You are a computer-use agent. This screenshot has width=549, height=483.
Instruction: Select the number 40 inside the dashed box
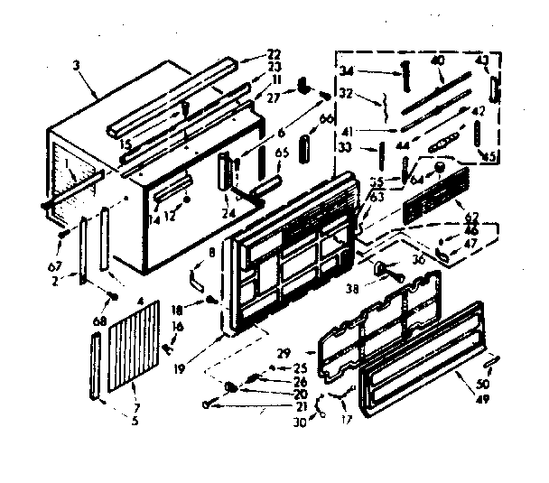437,60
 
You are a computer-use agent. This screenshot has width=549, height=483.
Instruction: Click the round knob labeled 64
438,168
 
